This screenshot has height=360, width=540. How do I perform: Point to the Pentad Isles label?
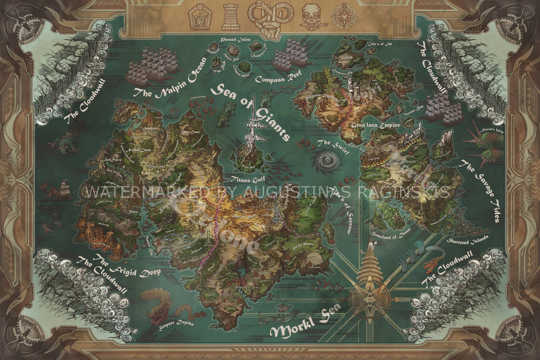coord(234,38)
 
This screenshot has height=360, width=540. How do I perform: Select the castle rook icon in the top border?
coord(230,16)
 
